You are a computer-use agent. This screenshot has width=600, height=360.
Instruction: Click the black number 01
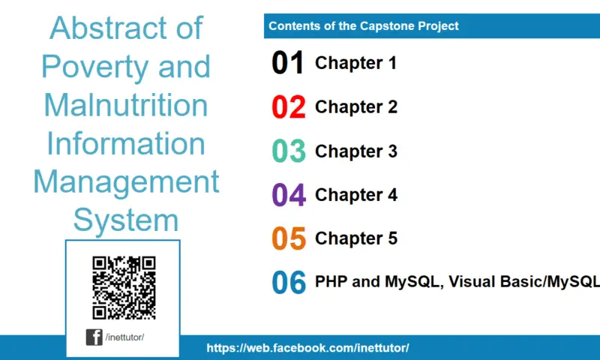click(x=288, y=63)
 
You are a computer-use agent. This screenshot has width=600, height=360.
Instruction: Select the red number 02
click(x=288, y=107)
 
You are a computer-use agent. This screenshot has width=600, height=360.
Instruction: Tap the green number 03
click(x=288, y=151)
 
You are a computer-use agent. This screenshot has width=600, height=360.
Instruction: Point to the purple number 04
click(x=288, y=195)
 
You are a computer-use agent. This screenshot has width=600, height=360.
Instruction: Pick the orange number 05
click(x=288, y=238)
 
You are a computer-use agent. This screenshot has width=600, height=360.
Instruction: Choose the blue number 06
click(x=288, y=283)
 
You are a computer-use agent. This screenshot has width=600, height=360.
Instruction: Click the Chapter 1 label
click(x=355, y=63)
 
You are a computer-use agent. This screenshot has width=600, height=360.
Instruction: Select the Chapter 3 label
click(x=355, y=151)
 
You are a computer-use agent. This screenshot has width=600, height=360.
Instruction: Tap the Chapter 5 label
click(x=355, y=238)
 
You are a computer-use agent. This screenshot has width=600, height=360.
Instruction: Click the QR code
click(x=124, y=287)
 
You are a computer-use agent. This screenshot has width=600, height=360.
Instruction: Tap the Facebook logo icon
click(x=94, y=337)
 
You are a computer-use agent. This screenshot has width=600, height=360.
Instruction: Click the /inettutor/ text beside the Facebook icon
click(x=124, y=337)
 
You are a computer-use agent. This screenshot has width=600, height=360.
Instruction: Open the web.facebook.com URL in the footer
click(x=307, y=348)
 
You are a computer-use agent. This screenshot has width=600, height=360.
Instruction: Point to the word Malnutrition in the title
click(x=126, y=105)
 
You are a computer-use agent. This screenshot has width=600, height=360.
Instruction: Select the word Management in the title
click(x=126, y=182)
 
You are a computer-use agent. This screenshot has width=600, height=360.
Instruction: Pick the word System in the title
click(x=126, y=220)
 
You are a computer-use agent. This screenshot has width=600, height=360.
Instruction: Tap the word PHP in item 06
click(x=331, y=282)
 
